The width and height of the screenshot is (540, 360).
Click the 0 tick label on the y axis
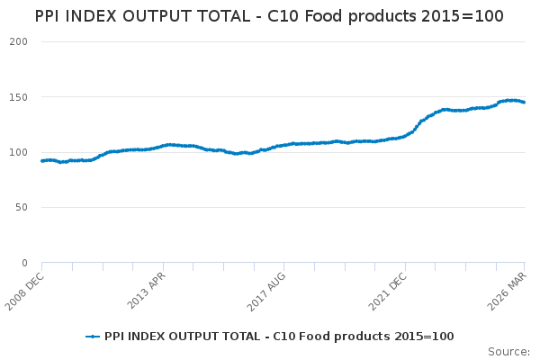click(x=24, y=263)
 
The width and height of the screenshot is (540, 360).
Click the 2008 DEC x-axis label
click(x=24, y=289)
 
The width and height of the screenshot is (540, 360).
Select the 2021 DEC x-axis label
click(x=387, y=289)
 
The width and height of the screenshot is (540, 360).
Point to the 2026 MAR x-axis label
click(x=508, y=289)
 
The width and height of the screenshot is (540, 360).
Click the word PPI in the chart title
click(x=50, y=16)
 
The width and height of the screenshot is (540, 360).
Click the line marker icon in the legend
click(x=93, y=337)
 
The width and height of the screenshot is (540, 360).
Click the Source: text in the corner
click(x=508, y=351)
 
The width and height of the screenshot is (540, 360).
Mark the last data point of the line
click(x=525, y=103)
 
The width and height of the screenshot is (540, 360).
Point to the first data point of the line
click(x=42, y=161)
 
